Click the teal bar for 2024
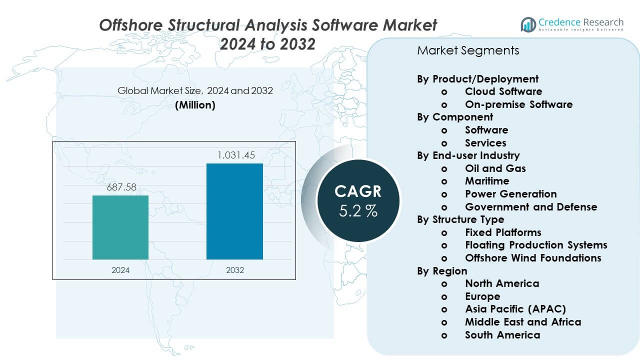tap(120, 227)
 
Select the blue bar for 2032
tap(234, 211)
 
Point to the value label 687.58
tap(120, 188)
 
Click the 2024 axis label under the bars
tap(120, 270)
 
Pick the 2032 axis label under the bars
tap(234, 270)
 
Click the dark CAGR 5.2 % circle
tap(358, 200)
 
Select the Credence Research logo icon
tap(528, 24)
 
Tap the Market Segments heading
tap(468, 50)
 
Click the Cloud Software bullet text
tap(503, 91)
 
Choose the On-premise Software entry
tap(518, 104)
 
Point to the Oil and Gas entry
tap(495, 168)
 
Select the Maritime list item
tap(487, 181)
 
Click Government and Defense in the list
tap(531, 206)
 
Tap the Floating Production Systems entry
tap(536, 245)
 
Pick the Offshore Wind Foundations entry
tap(533, 258)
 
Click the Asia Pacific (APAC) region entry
tap(515, 309)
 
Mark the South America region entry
tap(502, 335)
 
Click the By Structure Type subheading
tap(460, 219)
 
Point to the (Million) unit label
tap(195, 105)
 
